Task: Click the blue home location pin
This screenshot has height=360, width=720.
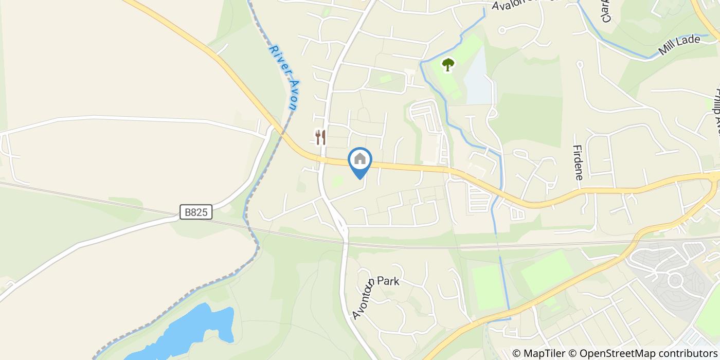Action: click(x=360, y=161)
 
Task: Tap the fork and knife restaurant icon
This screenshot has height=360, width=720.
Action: click(x=320, y=137)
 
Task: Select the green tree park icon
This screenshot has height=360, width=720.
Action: click(x=448, y=65)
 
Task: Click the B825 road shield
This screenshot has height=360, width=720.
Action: click(x=196, y=212)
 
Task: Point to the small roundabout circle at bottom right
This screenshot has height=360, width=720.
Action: click(x=674, y=281)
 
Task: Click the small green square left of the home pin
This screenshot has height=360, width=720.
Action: click(x=337, y=181)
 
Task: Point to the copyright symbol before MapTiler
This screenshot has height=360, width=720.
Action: click(x=516, y=353)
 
